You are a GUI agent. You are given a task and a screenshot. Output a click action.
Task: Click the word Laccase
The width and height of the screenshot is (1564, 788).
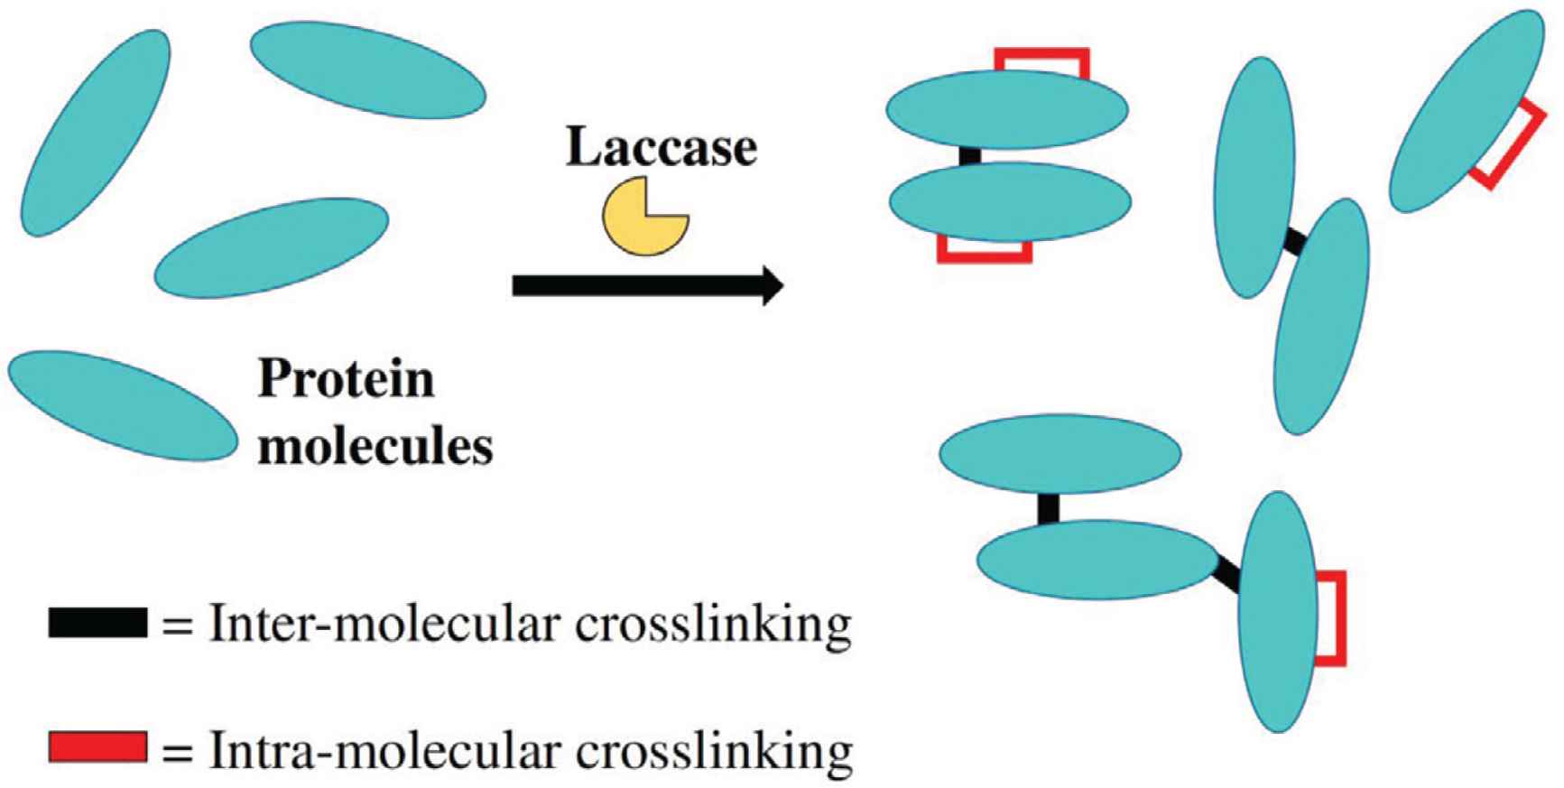pyautogui.click(x=661, y=148)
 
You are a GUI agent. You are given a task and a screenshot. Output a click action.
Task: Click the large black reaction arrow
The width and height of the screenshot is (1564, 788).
pyautogui.click(x=646, y=286)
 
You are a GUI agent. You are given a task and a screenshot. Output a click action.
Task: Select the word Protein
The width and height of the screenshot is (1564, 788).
pyautogui.click(x=347, y=380)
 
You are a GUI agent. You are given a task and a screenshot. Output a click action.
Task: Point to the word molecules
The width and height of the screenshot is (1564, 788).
pyautogui.click(x=375, y=446)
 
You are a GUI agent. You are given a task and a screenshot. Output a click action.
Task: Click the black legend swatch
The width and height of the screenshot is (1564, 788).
pyautogui.click(x=97, y=624)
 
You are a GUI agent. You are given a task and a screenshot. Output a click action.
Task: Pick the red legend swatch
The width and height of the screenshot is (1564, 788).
pyautogui.click(x=97, y=746)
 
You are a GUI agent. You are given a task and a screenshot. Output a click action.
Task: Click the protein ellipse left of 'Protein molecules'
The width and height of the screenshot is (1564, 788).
pyautogui.click(x=122, y=405)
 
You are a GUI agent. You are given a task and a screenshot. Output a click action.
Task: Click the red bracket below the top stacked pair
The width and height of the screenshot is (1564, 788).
pyautogui.click(x=985, y=252)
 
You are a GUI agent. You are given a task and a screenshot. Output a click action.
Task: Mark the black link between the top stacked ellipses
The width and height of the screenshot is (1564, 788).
pyautogui.click(x=969, y=156)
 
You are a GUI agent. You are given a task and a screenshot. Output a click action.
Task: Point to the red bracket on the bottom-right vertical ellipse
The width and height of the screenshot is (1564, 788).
pyautogui.click(x=1334, y=618)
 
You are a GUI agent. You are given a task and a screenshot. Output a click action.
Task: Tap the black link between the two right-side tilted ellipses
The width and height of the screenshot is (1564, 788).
pyautogui.click(x=1294, y=242)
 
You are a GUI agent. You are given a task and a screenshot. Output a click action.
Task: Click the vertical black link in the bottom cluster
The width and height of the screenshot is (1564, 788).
pyautogui.click(x=1048, y=508)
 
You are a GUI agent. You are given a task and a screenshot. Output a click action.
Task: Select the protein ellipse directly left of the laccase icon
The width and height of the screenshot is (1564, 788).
pyautogui.click(x=272, y=247)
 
